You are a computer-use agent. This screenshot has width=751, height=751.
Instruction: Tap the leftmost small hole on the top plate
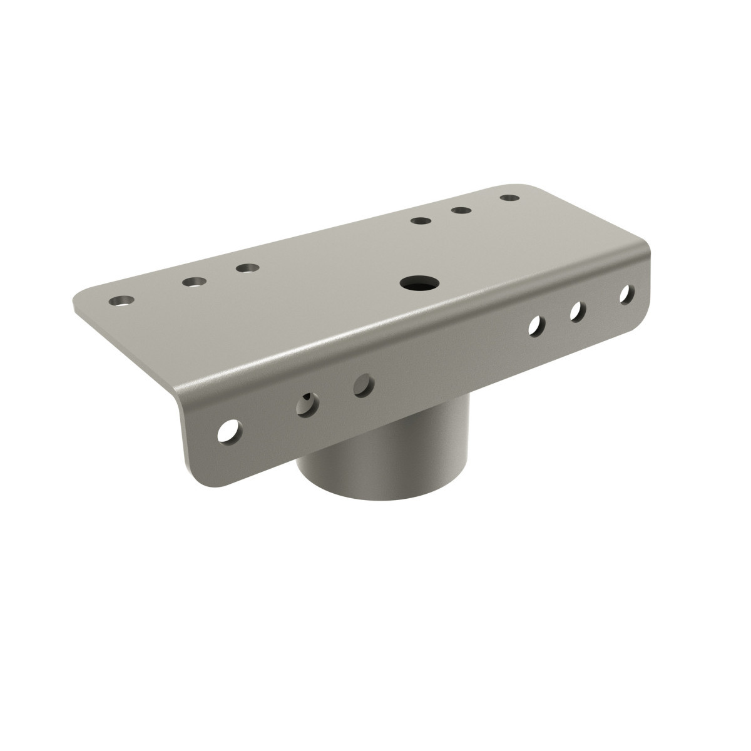point(121,301)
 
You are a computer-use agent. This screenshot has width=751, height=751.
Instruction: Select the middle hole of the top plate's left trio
point(193,282)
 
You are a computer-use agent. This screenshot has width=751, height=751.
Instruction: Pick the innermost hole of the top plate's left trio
point(247,268)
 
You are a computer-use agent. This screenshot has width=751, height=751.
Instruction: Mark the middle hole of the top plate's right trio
point(461,210)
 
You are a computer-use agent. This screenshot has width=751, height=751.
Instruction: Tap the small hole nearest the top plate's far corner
point(510,198)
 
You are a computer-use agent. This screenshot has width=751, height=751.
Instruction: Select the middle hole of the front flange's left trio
point(307,404)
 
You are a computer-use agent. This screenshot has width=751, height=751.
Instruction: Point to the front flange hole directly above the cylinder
point(363,384)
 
